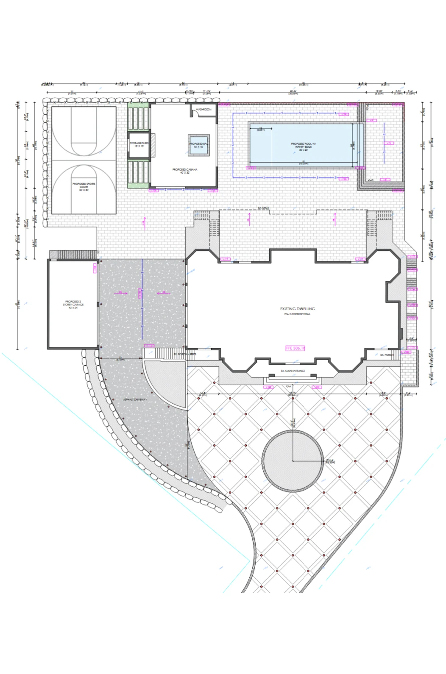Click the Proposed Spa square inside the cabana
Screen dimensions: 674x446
click(x=198, y=146)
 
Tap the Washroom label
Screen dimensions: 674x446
click(x=203, y=110)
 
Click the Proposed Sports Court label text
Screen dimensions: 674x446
click(x=84, y=187)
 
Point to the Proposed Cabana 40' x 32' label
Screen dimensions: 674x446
click(x=184, y=171)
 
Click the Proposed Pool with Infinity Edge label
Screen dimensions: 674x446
click(x=303, y=147)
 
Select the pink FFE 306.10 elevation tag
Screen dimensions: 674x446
click(x=295, y=348)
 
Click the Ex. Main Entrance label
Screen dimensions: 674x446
click(x=293, y=371)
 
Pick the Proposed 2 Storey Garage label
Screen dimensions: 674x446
click(x=73, y=305)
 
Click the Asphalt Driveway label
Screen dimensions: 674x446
click(x=135, y=399)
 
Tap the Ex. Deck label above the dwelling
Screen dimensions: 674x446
click(x=263, y=208)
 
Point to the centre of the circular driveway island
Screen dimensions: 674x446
click(x=293, y=460)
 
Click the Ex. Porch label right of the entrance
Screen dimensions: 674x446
click(x=386, y=355)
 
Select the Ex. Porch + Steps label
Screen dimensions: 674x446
click(x=185, y=354)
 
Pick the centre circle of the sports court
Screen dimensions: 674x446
click(x=84, y=160)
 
